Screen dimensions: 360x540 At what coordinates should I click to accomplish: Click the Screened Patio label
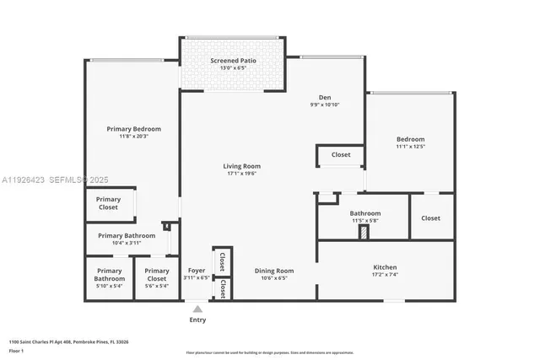[x=233, y=61]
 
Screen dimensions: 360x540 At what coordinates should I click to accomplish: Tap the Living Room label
[x=241, y=166]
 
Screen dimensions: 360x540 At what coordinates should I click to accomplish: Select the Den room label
[x=323, y=97]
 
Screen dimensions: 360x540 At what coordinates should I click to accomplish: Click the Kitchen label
[x=385, y=267]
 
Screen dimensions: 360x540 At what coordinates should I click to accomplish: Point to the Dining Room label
[x=274, y=271]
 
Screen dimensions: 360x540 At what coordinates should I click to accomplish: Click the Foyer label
[x=197, y=271]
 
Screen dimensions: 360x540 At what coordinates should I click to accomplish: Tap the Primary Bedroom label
[x=133, y=129]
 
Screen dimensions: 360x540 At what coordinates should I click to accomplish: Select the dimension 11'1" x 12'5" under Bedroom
[x=411, y=147]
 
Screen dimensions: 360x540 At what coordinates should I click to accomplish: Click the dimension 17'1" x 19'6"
[x=241, y=175]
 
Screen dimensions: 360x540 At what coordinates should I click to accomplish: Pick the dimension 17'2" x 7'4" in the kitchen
[x=385, y=276]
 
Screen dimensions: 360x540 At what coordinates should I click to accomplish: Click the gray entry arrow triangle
[x=197, y=309]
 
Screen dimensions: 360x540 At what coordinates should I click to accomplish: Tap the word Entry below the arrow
[x=197, y=320]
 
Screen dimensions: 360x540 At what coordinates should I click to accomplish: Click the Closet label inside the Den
[x=341, y=155]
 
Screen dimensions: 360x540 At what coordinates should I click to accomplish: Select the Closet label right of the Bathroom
[x=430, y=218]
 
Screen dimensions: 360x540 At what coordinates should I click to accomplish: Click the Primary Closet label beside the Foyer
[x=157, y=275]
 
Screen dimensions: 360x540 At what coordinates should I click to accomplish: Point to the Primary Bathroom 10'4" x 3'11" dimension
[x=127, y=244]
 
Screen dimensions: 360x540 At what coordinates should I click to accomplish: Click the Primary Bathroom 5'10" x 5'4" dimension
[x=109, y=286]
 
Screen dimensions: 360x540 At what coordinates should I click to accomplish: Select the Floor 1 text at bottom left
[x=18, y=350]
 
